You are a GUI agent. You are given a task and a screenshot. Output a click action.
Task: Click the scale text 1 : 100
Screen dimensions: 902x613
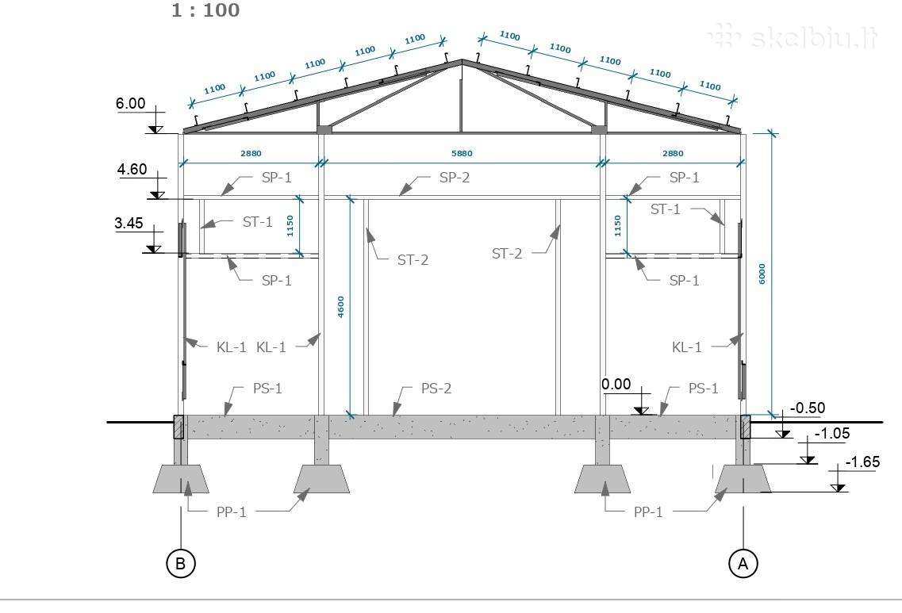point(205,10)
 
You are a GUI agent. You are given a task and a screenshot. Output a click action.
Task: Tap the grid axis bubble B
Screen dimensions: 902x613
point(181,563)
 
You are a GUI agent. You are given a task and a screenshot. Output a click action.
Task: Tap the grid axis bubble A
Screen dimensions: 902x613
point(743,563)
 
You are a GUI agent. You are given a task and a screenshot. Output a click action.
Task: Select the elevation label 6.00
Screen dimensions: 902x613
point(131,104)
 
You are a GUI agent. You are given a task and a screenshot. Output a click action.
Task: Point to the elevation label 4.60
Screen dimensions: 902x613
point(132,170)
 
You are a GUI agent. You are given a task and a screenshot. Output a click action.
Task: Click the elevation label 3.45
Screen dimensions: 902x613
point(129,223)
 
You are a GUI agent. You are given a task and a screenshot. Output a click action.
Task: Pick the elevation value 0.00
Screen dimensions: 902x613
point(616,384)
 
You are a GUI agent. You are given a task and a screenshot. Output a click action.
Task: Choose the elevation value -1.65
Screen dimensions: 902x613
point(862,462)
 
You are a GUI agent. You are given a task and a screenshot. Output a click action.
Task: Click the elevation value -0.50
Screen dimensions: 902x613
point(808,408)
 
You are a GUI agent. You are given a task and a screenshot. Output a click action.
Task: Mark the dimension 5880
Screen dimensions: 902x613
point(462,154)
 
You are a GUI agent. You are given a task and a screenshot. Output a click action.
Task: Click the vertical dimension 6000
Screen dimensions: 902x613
point(762,274)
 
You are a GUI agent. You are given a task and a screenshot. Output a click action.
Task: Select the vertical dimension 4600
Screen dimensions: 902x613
point(340,306)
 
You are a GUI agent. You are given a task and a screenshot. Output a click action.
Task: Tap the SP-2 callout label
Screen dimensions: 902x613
point(455,178)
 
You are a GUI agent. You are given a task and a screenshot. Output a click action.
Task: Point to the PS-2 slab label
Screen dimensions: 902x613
point(436,389)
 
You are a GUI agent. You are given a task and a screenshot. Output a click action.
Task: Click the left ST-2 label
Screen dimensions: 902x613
point(413,260)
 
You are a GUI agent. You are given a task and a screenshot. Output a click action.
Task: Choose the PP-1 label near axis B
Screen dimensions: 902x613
point(232,511)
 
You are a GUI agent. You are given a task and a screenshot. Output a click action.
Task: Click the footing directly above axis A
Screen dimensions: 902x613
point(743,479)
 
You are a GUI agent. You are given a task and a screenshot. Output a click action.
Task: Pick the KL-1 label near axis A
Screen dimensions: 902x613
point(687,347)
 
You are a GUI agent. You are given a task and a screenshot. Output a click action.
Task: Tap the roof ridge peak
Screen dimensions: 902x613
point(462,59)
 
